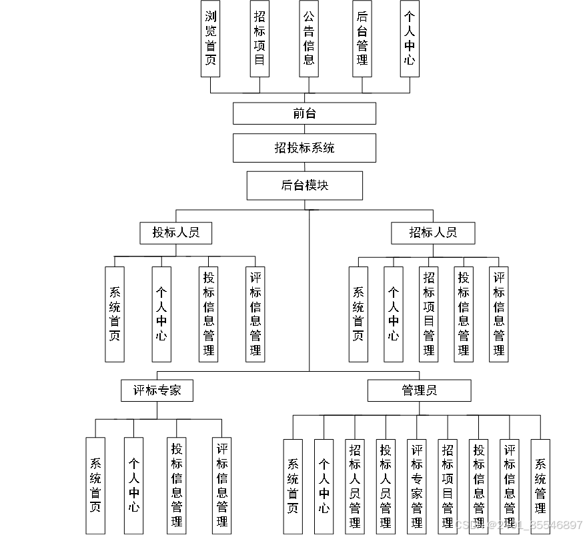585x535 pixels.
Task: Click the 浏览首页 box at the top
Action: click(211, 39)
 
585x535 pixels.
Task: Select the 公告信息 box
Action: click(309, 39)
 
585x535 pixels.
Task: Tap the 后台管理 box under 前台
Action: click(362, 39)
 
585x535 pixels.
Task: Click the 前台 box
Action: click(304, 113)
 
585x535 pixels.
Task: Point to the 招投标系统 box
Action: click(304, 148)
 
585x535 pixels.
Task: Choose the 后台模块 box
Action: click(304, 185)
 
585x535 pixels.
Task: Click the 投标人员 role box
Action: click(176, 233)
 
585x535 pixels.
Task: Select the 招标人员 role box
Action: click(433, 233)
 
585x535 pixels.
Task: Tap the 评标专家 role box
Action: click(157, 390)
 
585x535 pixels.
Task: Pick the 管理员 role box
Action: click(419, 390)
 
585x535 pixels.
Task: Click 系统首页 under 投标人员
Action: click(115, 314)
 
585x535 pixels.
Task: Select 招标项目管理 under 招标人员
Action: click(429, 314)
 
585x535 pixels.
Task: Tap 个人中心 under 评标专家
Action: click(134, 486)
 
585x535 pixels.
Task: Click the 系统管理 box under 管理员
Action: click(540, 486)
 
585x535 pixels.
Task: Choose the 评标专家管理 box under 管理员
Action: click(417, 486)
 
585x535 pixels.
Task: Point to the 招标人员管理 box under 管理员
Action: click(355, 486)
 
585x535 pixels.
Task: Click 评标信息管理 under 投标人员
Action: click(255, 314)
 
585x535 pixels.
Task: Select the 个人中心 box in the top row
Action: click(410, 39)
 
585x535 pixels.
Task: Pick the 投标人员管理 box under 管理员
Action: click(386, 486)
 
